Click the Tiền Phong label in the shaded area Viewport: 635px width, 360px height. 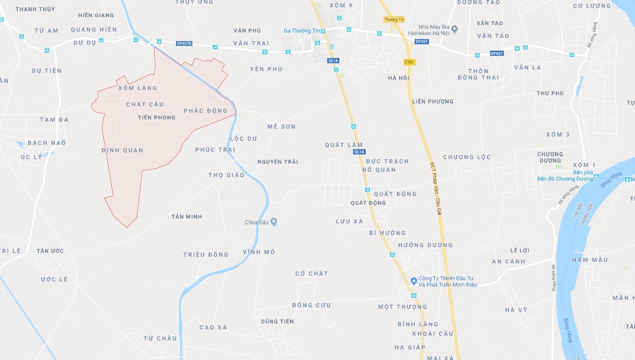(156, 118)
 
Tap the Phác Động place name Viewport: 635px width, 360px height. (206, 111)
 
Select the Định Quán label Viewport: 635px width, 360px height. (122, 150)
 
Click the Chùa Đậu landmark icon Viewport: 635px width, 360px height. (273, 222)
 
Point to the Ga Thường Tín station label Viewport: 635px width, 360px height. (301, 31)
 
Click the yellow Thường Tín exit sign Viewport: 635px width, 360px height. (394, 20)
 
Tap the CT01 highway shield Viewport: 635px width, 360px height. (409, 62)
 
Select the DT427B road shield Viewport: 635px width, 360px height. (184, 43)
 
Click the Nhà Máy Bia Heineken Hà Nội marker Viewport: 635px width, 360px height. (455, 27)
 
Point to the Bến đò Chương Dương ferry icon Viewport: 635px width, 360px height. (595, 176)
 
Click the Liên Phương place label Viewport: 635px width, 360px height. (433, 102)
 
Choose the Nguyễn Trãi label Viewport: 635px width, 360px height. (278, 162)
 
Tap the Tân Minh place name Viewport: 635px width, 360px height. (187, 217)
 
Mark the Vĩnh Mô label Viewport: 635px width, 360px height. (259, 252)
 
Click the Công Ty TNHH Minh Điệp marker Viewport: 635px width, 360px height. (414, 280)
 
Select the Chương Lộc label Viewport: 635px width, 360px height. (466, 157)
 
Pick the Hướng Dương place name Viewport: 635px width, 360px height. (425, 245)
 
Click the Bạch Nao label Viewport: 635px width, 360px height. (46, 143)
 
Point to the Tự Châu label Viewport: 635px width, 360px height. (160, 338)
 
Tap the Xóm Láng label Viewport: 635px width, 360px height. (138, 88)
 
